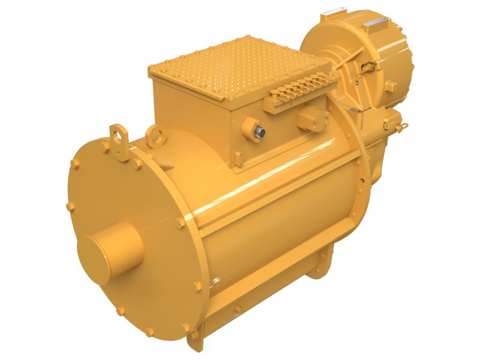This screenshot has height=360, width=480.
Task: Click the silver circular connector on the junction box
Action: point(262,131)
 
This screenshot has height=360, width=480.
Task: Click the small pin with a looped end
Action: point(401,125)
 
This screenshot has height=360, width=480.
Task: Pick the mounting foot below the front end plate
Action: point(195,342)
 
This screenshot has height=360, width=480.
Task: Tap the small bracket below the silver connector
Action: point(239,159)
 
